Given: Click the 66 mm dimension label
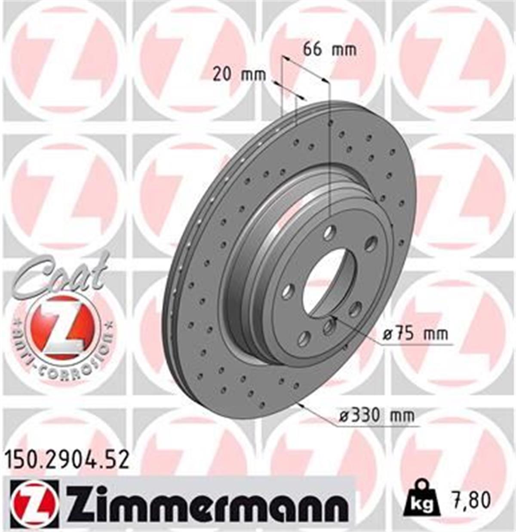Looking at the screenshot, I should [330, 49].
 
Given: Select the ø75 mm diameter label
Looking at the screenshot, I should [415, 334].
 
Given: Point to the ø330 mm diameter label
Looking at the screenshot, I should [377, 416].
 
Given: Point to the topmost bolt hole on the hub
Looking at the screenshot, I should [329, 233].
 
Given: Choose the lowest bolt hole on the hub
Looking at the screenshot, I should [304, 338].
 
